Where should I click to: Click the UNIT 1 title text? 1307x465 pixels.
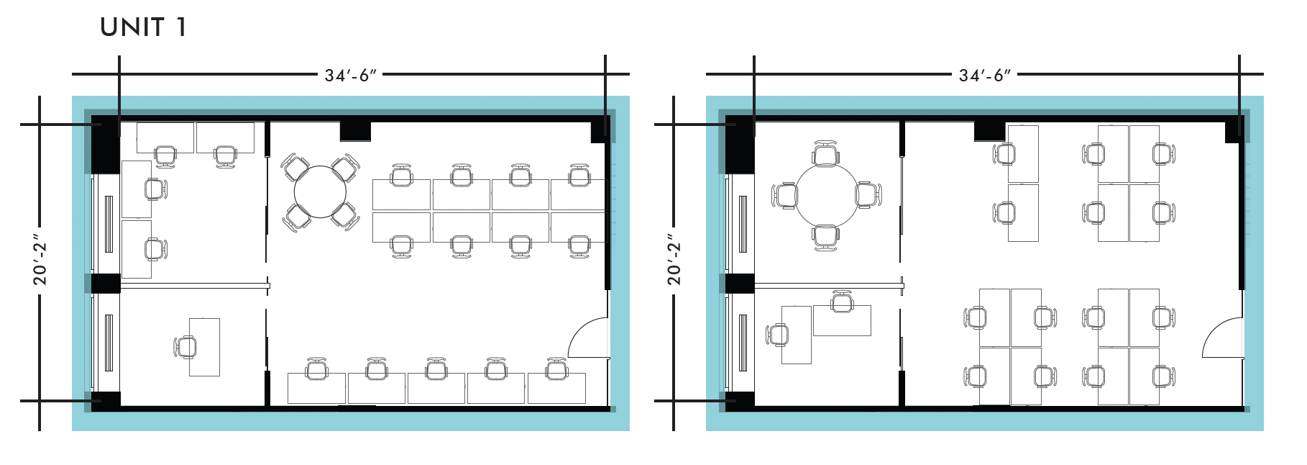tap(144, 27)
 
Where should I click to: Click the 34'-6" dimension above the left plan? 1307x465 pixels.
tap(350, 75)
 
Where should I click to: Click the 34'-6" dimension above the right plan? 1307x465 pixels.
tap(984, 75)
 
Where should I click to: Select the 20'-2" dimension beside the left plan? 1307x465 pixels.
tap(40, 263)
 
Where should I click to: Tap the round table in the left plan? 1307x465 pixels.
tap(321, 192)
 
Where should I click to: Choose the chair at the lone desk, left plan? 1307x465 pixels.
tap(186, 347)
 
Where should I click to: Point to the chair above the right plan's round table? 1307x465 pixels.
tap(826, 154)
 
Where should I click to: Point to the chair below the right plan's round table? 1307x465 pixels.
tap(826, 237)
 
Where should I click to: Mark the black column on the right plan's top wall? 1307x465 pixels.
tap(989, 131)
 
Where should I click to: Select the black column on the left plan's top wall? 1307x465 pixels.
tap(354, 131)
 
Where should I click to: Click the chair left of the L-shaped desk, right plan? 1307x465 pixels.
tap(779, 335)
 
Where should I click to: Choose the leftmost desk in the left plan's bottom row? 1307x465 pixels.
tap(316, 388)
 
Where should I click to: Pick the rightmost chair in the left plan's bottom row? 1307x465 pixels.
tap(556, 369)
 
